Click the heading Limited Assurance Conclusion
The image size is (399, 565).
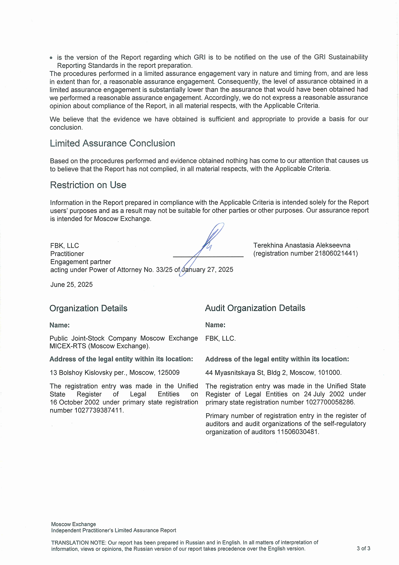coord(112,144)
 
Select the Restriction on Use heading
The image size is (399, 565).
coord(88,185)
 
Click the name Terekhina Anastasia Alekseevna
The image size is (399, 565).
coord(302,245)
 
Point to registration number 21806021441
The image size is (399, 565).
coord(335,254)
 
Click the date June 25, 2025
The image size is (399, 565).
coord(72,285)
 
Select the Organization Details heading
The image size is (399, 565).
coord(88,308)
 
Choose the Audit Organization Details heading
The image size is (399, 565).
coord(255,308)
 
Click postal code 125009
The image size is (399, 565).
coord(169,373)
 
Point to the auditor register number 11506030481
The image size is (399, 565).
coord(298,432)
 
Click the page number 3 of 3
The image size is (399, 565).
coord(363,549)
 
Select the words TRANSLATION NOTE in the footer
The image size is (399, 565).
coord(79,543)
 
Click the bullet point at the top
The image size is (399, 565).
coord(51,58)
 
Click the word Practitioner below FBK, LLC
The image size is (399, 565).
coord(67,254)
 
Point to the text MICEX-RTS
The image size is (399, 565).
coord(68,346)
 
